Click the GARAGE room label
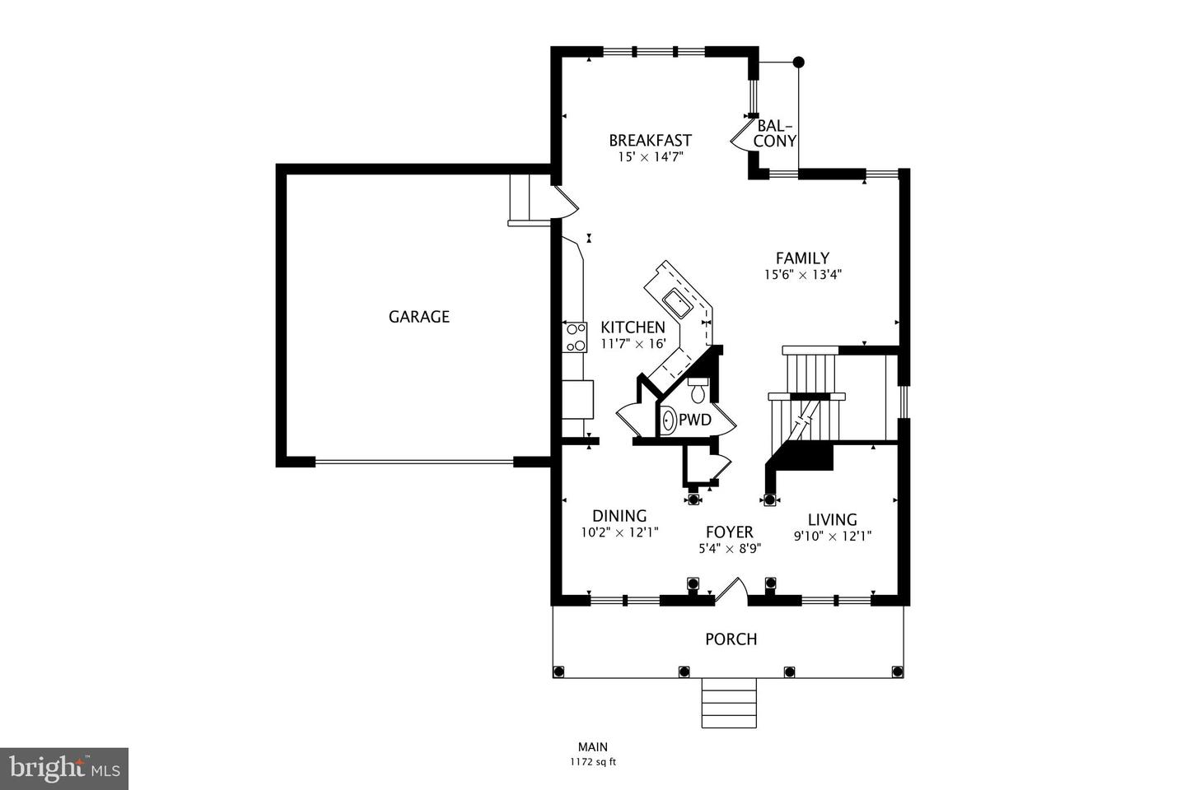pos(418,317)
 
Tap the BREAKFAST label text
pos(650,141)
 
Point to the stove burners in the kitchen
pos(574,338)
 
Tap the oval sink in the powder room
pos(669,421)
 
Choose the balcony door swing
pos(740,137)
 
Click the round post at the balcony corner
pos(797,62)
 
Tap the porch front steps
pos(729,704)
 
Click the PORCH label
pos(731,639)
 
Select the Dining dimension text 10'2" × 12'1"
pos(619,532)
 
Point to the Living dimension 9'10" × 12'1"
pos(832,536)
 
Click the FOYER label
pos(729,532)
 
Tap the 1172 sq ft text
pos(592,762)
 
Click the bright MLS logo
pos(63,769)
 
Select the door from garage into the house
pos(565,202)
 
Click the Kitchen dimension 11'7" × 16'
pos(633,344)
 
